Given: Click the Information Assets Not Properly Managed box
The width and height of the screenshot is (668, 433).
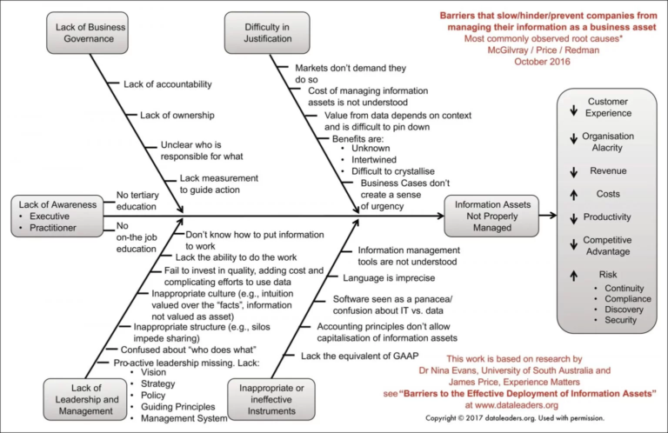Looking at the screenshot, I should pyautogui.click(x=488, y=216).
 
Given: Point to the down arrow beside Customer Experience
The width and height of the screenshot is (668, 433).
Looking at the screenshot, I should pyautogui.click(x=572, y=110).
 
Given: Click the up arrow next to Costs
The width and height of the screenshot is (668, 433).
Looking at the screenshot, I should pyautogui.click(x=572, y=194).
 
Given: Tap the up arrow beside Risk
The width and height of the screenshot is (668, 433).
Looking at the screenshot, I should pyautogui.click(x=572, y=276).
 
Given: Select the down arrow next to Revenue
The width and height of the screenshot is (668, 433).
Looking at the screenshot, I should pyautogui.click(x=572, y=171).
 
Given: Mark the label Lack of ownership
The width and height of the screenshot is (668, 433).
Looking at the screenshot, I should pyautogui.click(x=177, y=115).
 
